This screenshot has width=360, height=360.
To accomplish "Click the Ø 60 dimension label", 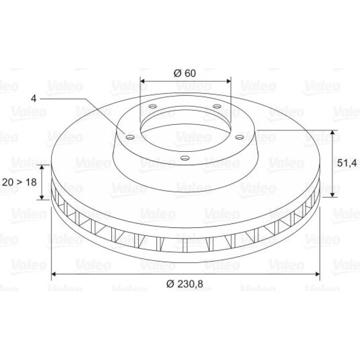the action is [185, 73].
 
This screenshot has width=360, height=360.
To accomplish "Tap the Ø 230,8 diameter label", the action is [185, 284].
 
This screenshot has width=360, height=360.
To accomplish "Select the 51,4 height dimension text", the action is [347, 163].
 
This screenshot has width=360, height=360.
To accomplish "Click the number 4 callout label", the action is [34, 99].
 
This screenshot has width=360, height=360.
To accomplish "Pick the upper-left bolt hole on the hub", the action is [153, 106].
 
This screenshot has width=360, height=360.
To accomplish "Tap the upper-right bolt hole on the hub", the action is [217, 106].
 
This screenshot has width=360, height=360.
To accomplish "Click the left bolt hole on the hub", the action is [130, 137].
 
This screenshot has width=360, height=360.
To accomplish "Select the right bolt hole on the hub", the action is [239, 137].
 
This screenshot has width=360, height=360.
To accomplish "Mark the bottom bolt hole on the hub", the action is [185, 158].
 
